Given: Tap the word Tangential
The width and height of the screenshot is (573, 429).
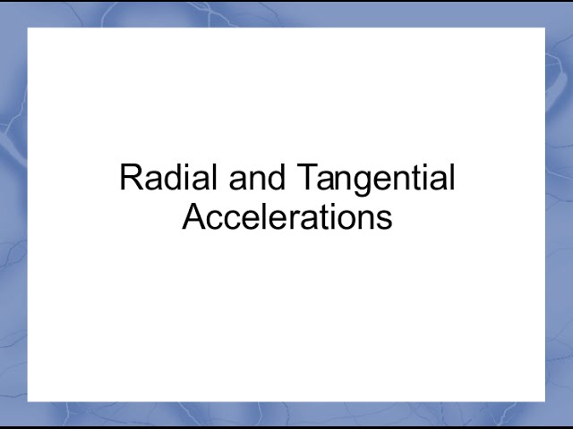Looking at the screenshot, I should click(x=374, y=179).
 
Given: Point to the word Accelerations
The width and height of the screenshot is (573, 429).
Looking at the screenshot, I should click(x=286, y=217).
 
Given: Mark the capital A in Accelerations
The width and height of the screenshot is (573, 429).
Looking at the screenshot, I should click(x=193, y=217).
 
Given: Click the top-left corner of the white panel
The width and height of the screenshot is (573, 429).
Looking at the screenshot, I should click(x=28, y=29).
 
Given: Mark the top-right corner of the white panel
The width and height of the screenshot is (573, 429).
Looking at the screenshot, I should click(x=544, y=29).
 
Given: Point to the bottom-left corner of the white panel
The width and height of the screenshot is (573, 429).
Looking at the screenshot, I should click(x=28, y=401).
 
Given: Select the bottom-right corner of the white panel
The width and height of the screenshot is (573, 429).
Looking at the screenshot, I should click(x=544, y=401).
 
